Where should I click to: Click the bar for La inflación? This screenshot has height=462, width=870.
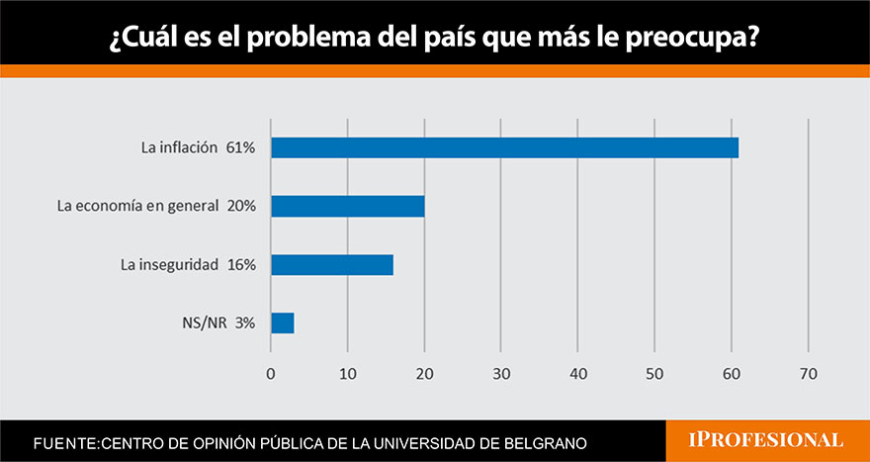(x=504, y=147)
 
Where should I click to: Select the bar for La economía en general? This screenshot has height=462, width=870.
(x=347, y=206)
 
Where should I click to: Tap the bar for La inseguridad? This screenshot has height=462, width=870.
(x=332, y=264)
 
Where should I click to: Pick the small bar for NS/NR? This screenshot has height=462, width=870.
(x=282, y=323)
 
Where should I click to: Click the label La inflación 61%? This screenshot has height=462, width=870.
(x=198, y=147)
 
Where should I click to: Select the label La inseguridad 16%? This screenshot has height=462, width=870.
(x=188, y=264)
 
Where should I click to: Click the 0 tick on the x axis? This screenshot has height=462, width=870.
(x=271, y=373)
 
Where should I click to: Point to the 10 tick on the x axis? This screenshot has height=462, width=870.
(x=347, y=373)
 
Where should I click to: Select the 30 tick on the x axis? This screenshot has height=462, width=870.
(x=501, y=373)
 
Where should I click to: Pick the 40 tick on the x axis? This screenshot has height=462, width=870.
(x=578, y=373)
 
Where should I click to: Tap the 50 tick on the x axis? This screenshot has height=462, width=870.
(x=654, y=373)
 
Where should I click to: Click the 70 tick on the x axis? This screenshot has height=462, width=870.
(x=809, y=373)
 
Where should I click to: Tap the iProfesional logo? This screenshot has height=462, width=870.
(x=766, y=438)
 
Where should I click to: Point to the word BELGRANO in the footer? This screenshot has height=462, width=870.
(x=555, y=440)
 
